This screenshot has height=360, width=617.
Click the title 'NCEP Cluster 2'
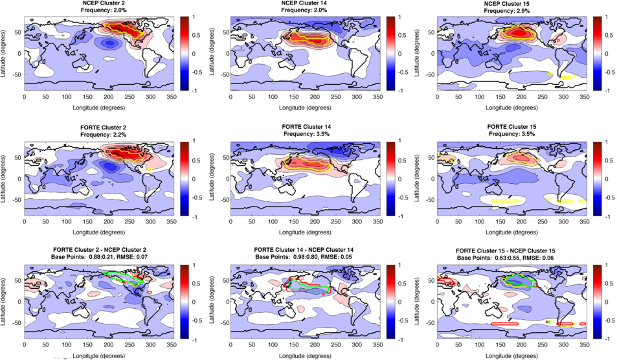[104, 3]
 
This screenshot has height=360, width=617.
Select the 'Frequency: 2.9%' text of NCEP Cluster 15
[507, 10]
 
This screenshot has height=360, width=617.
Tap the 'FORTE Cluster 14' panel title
[306, 127]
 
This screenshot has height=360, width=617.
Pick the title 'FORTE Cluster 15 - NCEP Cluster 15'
[506, 251]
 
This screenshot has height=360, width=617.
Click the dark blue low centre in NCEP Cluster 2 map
[109, 43]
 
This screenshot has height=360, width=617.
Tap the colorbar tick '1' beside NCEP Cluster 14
[399, 17]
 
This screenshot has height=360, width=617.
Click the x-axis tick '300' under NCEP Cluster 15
[563, 96]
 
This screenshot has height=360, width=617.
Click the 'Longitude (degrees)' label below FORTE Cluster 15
[511, 232]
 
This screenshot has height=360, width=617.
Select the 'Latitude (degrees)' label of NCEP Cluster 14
[212, 53]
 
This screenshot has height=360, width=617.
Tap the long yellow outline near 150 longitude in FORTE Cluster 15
[504, 201]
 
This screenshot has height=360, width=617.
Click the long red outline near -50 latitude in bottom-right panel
[504, 323]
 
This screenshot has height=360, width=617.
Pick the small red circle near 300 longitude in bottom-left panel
[150, 292]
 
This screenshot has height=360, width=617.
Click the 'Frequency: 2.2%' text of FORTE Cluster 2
[104, 135]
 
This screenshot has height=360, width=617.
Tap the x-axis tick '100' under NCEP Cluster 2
[67, 96]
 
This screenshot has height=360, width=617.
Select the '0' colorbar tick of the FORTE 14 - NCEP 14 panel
[399, 302]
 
